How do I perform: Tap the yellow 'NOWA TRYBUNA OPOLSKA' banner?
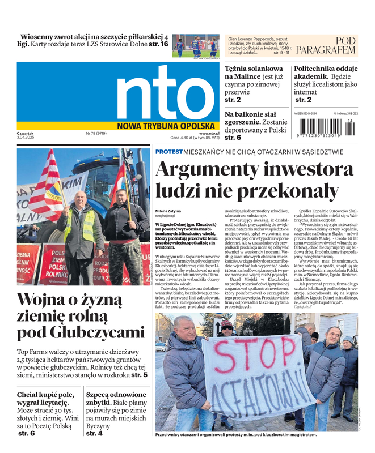166,126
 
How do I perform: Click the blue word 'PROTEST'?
169,152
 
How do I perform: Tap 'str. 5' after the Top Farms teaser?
139,375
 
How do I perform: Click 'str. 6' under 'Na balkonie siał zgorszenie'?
233,138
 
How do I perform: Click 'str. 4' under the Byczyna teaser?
94,433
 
